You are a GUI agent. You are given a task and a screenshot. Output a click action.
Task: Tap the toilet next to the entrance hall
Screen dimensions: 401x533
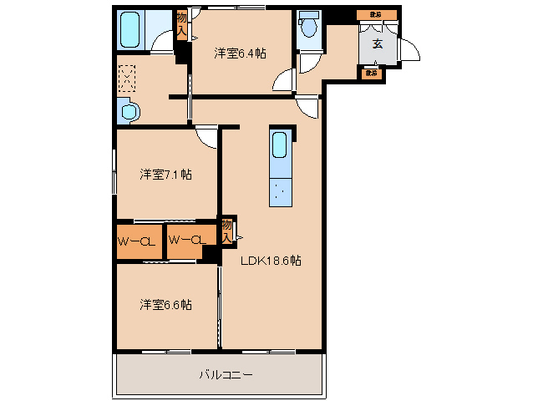tap(309, 28)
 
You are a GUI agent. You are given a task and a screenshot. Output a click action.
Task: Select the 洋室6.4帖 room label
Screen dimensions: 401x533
tap(240, 53)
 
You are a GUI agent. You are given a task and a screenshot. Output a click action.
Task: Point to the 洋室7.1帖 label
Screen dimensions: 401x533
tap(165, 175)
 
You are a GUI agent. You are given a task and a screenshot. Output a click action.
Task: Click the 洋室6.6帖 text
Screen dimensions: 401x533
tap(165, 305)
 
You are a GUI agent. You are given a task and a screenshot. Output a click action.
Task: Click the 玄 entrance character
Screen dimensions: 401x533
tap(377, 43)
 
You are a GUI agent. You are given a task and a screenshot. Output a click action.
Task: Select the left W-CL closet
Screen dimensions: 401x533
tap(138, 242)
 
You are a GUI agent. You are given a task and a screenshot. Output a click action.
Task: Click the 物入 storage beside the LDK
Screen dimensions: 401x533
tap(226, 231)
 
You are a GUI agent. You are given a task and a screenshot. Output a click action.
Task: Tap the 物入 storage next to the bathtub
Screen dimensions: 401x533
tap(181, 24)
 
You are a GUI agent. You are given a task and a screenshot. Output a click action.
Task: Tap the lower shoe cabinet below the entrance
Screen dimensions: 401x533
tap(370, 74)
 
